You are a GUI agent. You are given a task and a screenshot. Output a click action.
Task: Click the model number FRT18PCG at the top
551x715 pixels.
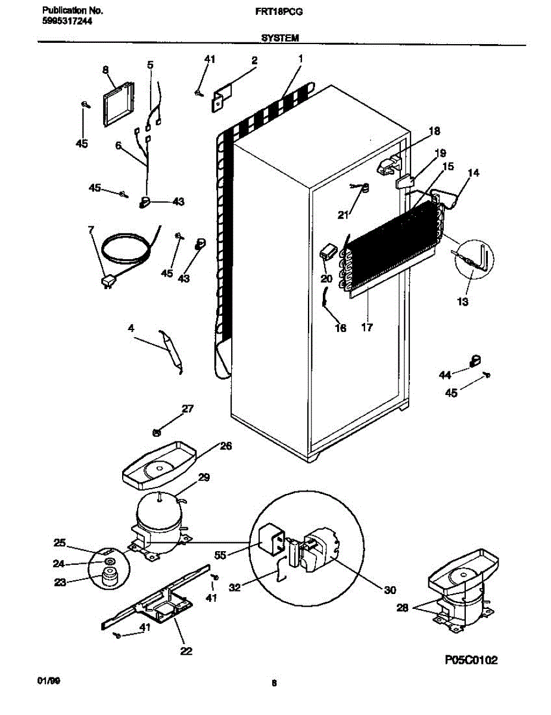[279, 12]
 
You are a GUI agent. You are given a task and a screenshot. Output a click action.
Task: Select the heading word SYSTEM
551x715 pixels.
[280, 38]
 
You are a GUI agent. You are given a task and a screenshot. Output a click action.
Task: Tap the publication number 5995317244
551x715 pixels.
[67, 21]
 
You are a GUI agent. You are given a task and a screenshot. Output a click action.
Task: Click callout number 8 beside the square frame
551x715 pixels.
[105, 70]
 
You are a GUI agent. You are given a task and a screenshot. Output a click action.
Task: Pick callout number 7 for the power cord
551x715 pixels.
[91, 230]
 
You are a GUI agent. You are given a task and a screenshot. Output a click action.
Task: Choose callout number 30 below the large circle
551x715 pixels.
[390, 590]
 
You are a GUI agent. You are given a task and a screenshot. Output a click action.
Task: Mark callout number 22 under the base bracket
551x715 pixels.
[186, 651]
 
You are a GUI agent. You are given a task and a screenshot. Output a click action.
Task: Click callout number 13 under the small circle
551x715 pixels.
[463, 301]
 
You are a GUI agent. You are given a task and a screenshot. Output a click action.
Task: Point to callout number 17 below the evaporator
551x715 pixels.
[367, 327]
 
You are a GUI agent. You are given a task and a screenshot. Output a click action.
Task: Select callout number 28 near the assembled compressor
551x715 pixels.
[402, 607]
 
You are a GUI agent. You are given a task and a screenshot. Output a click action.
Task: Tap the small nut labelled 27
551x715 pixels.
[157, 433]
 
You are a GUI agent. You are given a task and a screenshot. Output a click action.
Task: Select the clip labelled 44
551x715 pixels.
[474, 360]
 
